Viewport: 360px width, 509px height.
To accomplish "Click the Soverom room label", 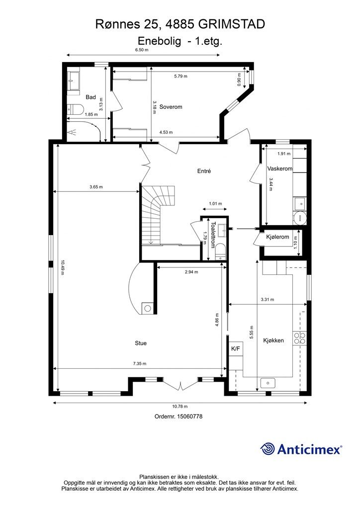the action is click(x=171, y=107).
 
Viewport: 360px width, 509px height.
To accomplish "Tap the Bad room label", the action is click(x=91, y=97).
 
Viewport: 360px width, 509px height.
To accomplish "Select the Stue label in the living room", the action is click(x=141, y=343).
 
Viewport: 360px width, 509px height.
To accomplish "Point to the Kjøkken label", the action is click(x=273, y=340).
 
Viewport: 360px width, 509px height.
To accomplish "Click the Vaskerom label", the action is click(x=280, y=169).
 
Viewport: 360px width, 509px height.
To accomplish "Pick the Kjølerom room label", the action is click(x=277, y=237).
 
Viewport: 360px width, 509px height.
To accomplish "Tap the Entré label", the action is click(x=204, y=171).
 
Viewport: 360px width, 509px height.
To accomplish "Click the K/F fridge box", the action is click(x=236, y=349).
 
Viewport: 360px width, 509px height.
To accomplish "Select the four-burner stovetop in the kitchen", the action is click(x=299, y=338).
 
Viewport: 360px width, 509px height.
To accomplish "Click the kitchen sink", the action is click(x=268, y=383).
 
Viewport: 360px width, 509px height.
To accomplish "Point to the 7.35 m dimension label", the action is click(x=140, y=363).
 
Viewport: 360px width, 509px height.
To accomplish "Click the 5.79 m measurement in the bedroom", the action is click(x=181, y=76).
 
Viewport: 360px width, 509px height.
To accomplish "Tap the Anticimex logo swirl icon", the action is click(x=268, y=449).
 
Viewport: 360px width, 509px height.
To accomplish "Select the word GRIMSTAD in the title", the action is click(x=231, y=24).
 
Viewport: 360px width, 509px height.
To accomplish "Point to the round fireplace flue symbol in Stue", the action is click(x=148, y=308).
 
